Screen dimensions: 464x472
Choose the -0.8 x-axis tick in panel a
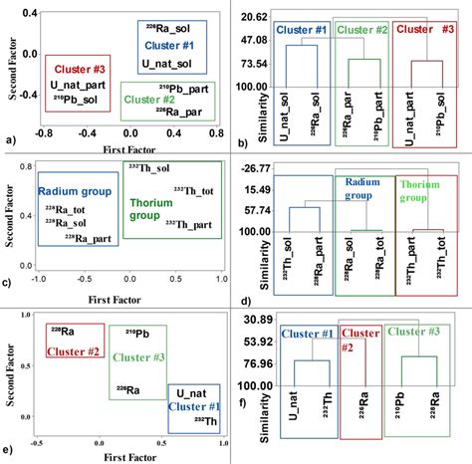pyautogui.click(x=44, y=131)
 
